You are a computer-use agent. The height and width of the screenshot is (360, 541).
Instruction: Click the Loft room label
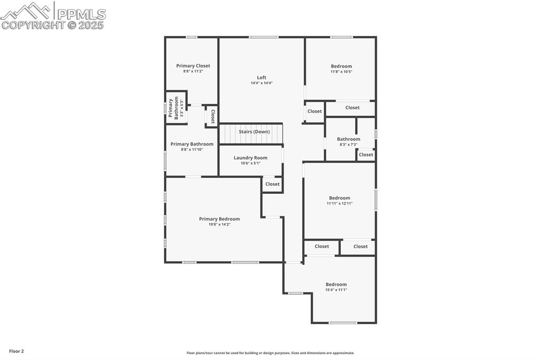(262, 78)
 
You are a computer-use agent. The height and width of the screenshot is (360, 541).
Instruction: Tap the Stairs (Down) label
(254, 131)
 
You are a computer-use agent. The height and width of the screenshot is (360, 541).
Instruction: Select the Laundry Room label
(250, 158)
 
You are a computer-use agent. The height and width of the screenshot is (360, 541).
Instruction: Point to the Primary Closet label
(193, 66)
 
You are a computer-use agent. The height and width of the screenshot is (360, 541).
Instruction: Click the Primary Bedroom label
(219, 219)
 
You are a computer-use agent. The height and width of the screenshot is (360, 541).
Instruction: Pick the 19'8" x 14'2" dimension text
(219, 224)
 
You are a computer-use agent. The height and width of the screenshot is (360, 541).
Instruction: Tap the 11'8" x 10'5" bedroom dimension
(341, 72)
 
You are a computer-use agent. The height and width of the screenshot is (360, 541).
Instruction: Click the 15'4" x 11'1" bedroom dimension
(336, 290)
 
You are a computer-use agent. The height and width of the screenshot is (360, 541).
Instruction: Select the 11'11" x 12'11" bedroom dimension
(339, 203)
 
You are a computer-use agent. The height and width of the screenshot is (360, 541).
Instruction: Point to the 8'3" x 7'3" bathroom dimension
(348, 145)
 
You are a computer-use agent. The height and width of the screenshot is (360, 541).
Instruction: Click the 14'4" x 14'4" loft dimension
(262, 83)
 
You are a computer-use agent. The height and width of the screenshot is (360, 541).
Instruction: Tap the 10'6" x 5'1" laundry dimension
(250, 163)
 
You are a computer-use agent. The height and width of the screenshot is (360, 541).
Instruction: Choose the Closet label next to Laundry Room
(273, 184)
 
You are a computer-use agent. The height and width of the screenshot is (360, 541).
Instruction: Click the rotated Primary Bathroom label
(173, 108)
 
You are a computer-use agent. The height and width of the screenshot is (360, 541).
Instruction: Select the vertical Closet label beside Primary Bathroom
(212, 116)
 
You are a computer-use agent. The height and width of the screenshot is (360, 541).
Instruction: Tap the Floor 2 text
(16, 351)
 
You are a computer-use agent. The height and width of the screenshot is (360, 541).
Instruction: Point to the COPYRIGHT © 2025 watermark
(53, 25)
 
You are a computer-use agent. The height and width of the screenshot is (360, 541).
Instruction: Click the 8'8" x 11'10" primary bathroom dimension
(192, 149)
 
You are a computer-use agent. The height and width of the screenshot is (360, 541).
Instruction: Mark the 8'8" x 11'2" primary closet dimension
(193, 71)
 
